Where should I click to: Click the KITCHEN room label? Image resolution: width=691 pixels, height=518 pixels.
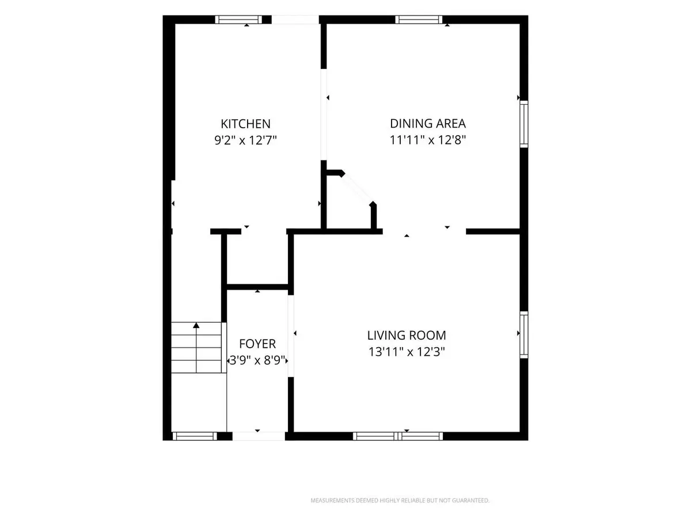[245, 124]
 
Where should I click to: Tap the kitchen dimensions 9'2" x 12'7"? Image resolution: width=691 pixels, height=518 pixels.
[245, 140]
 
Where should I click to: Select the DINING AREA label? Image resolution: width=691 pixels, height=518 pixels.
[428, 124]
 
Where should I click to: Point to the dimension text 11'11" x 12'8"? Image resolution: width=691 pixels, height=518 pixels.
[428, 140]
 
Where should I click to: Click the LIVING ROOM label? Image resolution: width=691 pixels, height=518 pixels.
[407, 336]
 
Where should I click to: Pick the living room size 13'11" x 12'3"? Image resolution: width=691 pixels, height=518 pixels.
[407, 352]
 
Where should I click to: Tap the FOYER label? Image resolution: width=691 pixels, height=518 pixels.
[257, 344]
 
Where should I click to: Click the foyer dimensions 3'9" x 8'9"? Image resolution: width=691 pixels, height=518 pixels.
[257, 360]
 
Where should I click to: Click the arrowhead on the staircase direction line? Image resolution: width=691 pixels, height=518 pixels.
[196, 325]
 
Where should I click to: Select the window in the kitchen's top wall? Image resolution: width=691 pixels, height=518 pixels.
[238, 20]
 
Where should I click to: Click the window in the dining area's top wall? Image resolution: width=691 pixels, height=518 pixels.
[419, 20]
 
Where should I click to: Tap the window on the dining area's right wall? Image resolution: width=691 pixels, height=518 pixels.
[524, 124]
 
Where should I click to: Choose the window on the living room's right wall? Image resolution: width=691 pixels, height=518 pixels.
[524, 334]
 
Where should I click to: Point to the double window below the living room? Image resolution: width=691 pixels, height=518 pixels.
[398, 436]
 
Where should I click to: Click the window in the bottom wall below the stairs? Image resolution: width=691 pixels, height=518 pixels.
[195, 436]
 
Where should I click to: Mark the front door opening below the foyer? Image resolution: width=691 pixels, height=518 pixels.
[259, 436]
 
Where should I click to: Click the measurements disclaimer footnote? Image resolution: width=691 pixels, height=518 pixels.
[400, 500]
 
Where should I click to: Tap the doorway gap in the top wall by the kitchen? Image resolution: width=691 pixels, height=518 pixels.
[295, 20]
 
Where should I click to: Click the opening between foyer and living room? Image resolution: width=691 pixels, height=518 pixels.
[291, 336]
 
